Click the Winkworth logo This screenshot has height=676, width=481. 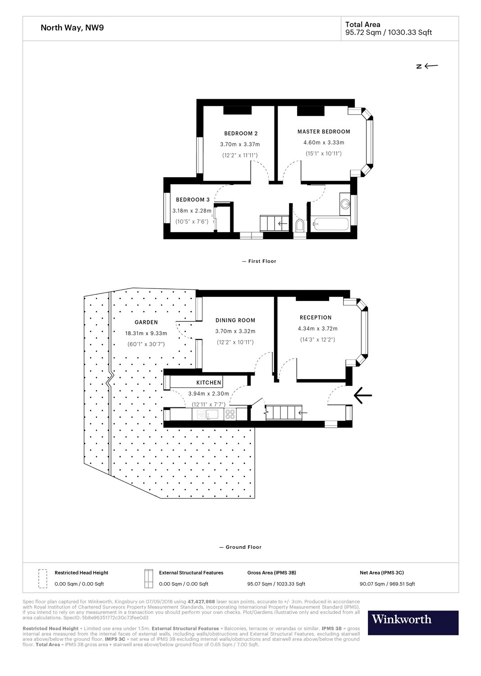(413, 622)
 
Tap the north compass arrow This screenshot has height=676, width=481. (431, 66)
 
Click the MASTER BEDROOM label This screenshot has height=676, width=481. (324, 132)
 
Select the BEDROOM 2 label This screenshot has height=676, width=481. (241, 133)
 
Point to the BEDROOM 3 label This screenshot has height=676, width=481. (192, 200)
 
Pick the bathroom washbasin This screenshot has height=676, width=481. (345, 204)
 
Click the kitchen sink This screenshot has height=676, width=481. (208, 414)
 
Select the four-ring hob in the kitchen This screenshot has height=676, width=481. (230, 414)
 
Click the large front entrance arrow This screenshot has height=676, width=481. (362, 395)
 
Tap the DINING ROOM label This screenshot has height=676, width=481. (235, 320)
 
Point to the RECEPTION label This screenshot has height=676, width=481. (316, 317)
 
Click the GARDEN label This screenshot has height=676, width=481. (146, 322)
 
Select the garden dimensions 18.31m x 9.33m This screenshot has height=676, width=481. (146, 333)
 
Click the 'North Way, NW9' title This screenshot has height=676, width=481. (72, 27)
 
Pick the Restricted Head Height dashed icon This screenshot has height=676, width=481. (43, 579)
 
